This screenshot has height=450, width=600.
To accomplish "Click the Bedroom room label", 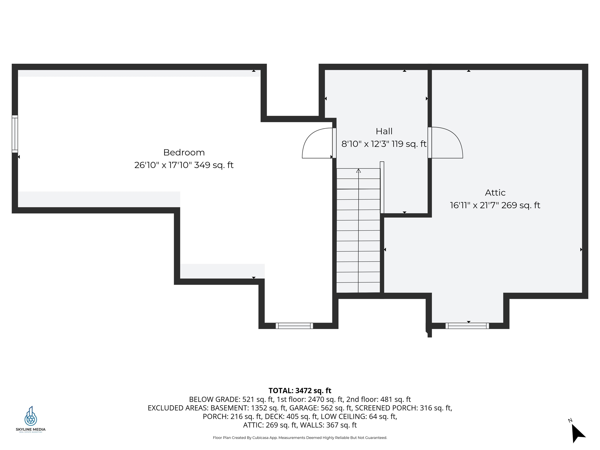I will (x=184, y=152).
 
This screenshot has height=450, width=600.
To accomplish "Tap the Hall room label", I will (x=384, y=131).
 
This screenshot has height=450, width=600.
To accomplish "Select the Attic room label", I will (x=495, y=193).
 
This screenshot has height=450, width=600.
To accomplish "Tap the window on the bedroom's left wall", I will (x=15, y=134).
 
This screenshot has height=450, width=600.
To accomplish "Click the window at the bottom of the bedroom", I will (x=294, y=326).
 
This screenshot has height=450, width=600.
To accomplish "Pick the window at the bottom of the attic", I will (x=467, y=326).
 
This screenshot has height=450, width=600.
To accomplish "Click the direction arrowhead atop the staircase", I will (x=358, y=171).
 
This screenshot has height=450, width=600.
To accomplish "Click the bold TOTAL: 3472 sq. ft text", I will (x=300, y=391).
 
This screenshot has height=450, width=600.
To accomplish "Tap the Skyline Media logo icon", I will (x=31, y=416).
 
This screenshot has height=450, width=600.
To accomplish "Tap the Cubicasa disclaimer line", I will (x=300, y=437).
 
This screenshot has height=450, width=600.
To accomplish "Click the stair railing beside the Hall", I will (x=382, y=187).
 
